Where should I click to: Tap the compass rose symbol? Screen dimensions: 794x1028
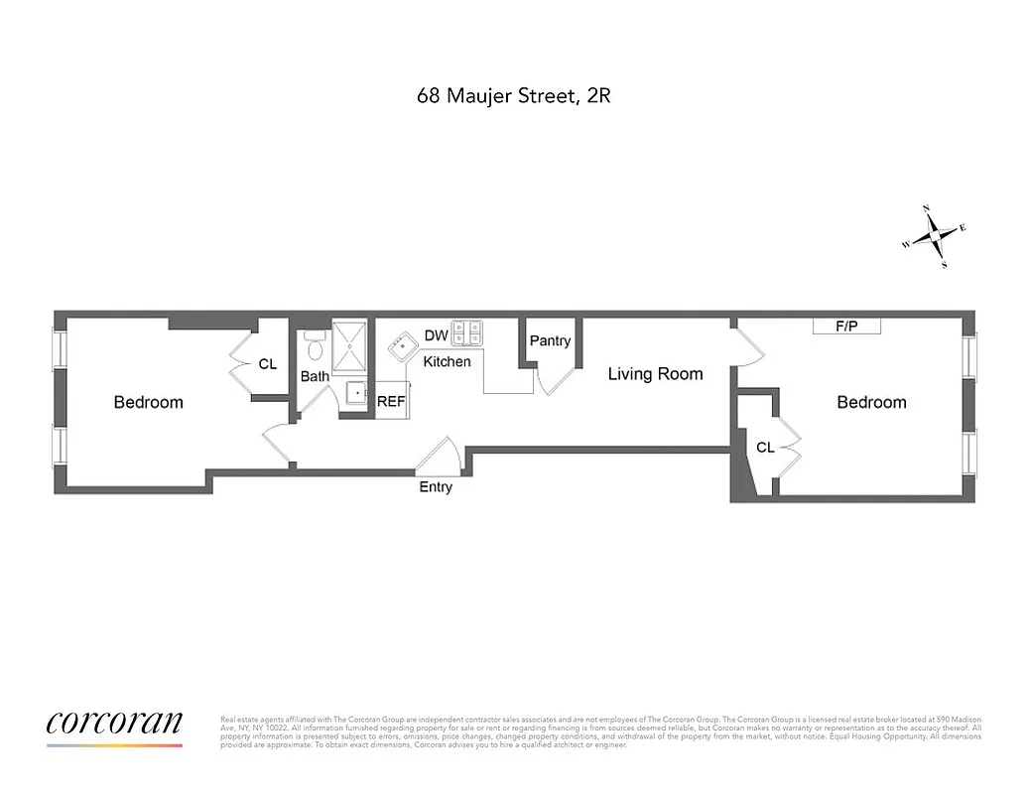point(934,236)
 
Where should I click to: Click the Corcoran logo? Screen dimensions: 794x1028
point(114,723)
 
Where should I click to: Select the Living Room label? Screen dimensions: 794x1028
point(655,374)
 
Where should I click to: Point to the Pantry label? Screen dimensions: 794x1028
point(550,340)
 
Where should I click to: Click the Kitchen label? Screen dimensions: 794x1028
point(447,361)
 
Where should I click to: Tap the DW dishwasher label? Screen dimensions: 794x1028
point(436,335)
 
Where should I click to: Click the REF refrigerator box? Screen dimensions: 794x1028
point(392,402)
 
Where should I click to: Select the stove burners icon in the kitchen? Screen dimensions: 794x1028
point(466,331)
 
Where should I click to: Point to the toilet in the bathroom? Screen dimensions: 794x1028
point(315,348)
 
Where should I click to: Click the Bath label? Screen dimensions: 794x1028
point(315,377)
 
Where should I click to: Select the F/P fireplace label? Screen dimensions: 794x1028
point(846,327)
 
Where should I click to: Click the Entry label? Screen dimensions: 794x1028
point(436,487)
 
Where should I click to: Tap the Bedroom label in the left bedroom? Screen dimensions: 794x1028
point(149,402)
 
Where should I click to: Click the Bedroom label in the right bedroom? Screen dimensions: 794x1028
point(871,402)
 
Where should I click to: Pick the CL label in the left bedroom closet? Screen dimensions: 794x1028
point(268,364)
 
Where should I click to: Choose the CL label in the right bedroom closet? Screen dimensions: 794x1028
point(765,448)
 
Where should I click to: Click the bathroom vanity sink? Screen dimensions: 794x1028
point(356,394)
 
